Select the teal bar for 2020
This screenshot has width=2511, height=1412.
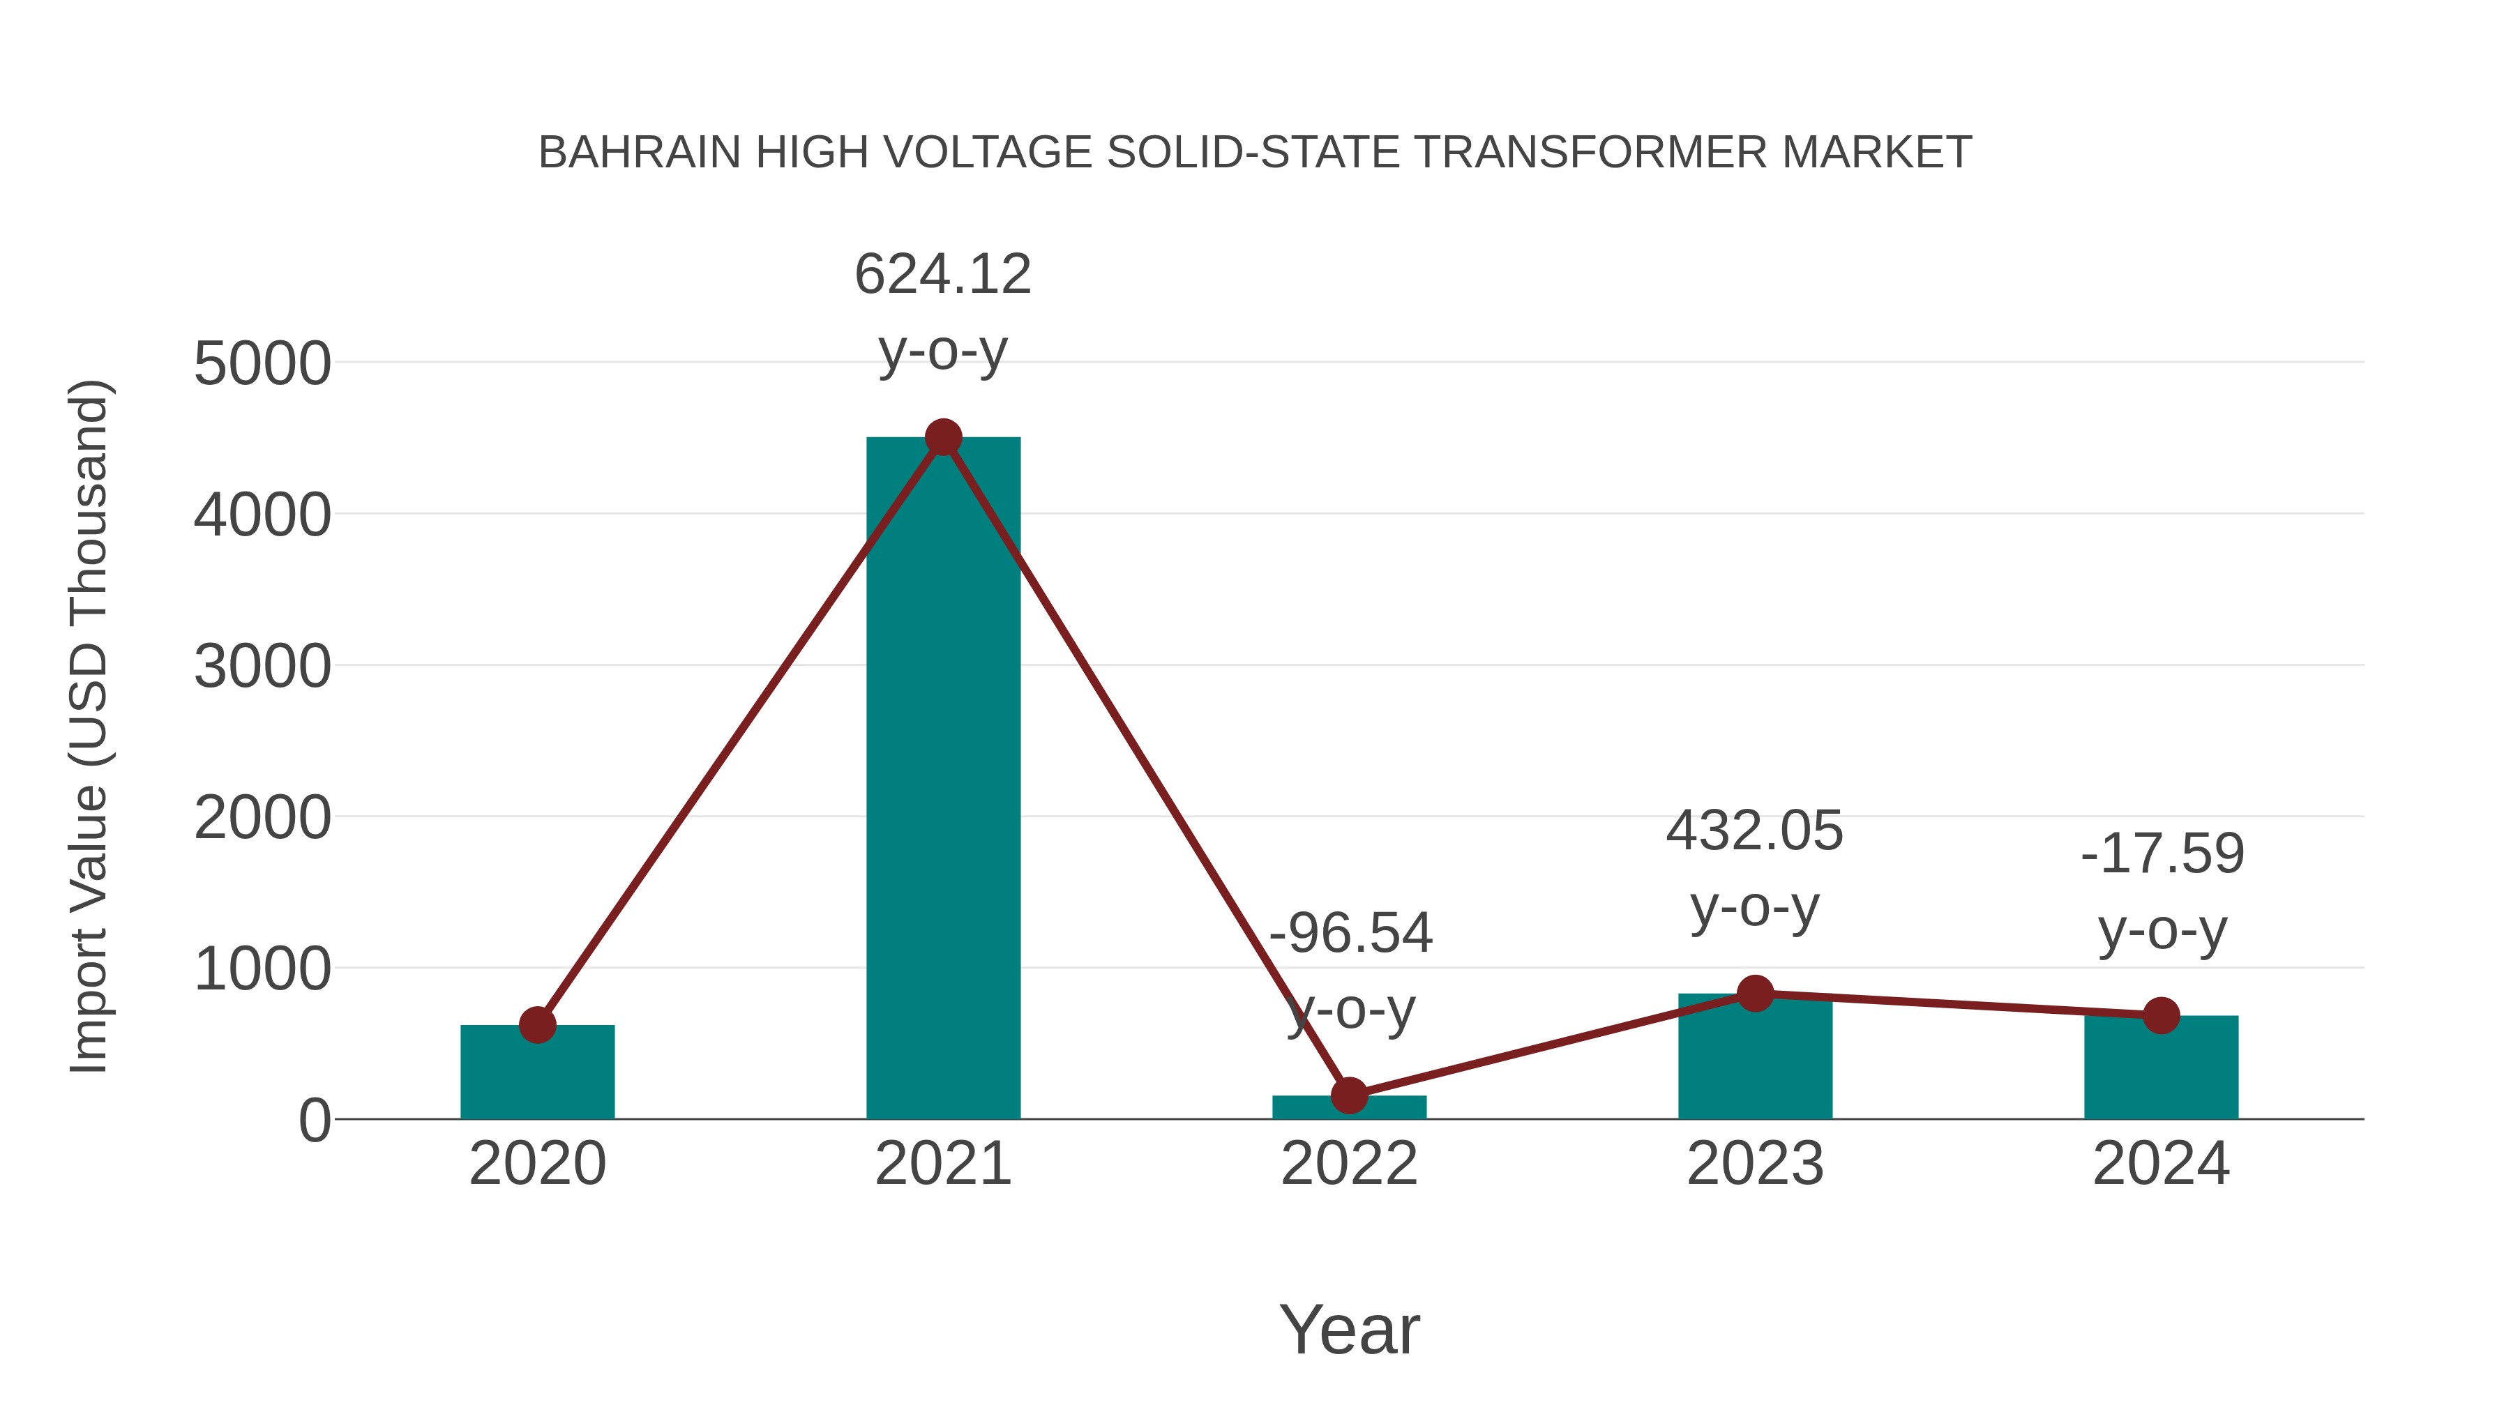point(537,1072)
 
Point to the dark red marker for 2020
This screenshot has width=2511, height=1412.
point(537,1024)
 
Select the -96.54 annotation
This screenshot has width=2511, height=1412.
point(1350,934)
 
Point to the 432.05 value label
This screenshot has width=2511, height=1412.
point(1755,831)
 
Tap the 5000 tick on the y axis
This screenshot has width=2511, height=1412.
point(262,365)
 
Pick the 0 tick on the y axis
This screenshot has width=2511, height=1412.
point(315,1121)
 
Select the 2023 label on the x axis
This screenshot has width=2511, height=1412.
point(1755,1164)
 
